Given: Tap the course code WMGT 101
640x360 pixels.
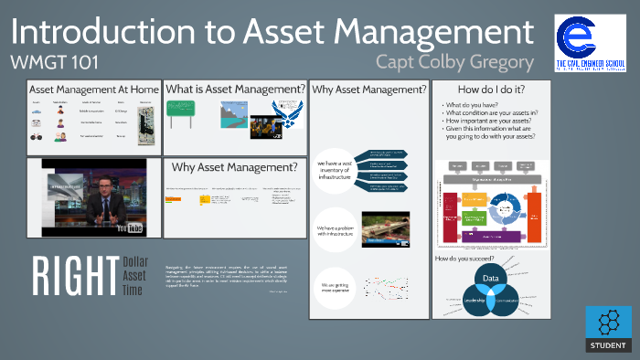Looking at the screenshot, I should click(x=48, y=63).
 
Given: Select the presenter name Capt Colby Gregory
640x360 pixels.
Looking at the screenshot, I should click(x=454, y=62).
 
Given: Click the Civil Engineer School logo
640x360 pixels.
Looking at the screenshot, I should click(x=590, y=42).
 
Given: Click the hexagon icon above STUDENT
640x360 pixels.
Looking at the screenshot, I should click(x=607, y=322).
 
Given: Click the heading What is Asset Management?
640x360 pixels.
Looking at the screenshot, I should click(x=235, y=90).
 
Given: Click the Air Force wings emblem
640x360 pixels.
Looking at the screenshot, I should click(x=291, y=125).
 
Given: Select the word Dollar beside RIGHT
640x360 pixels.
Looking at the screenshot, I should click(x=134, y=262).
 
